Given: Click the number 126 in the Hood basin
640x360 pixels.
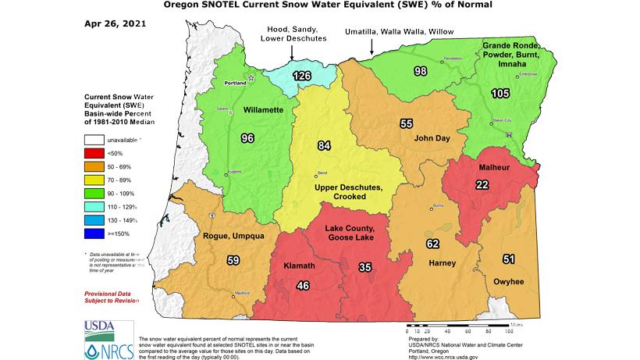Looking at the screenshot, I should click(302, 76).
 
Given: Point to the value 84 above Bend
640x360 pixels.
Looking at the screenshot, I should click(325, 144).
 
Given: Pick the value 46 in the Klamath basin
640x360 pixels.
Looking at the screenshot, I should click(304, 287).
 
